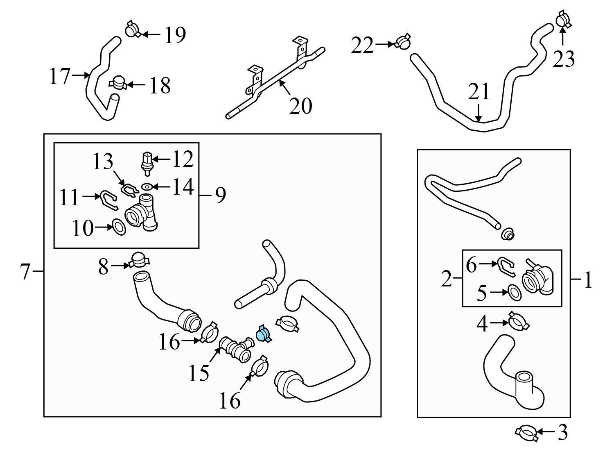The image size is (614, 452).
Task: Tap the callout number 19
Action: point(175,35)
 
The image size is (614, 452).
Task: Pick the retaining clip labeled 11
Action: point(108,199)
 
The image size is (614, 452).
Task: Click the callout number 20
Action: point(300,106)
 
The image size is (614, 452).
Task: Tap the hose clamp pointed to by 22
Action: point(403,41)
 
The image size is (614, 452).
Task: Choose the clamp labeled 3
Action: point(526,433)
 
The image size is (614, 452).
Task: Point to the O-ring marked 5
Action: point(515,293)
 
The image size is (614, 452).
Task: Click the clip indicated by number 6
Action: point(506,265)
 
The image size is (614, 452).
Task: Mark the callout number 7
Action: point(25,271)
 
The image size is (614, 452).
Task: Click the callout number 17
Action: point(60,76)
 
